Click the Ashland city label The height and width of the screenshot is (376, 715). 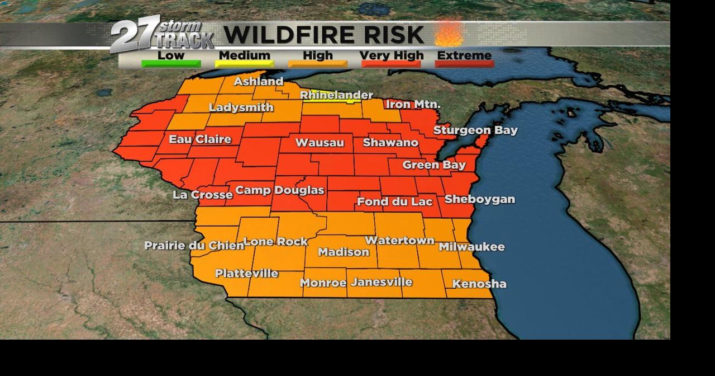tap(258, 82)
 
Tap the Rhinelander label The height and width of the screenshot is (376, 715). tap(336, 95)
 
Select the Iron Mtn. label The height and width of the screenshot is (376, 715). tap(413, 104)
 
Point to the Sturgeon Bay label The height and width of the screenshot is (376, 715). tap(475, 130)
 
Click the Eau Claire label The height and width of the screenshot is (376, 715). tap(200, 139)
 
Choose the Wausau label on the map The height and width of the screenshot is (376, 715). tap(320, 143)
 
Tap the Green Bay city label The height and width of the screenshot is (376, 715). tap(434, 165)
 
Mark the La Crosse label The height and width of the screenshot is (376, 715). tap(202, 195)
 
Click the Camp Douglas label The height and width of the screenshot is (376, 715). tap(279, 190)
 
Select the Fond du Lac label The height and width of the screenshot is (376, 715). tap(394, 201)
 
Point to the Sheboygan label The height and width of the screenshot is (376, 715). tap(479, 199)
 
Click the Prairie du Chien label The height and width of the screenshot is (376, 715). tap(194, 246)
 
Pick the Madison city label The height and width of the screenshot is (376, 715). tap(344, 252)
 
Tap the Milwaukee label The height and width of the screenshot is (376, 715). tap(471, 247)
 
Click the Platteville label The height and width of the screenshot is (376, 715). tap(246, 274)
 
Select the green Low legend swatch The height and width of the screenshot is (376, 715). tap(171, 63)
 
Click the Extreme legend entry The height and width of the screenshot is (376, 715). tap(464, 56)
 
